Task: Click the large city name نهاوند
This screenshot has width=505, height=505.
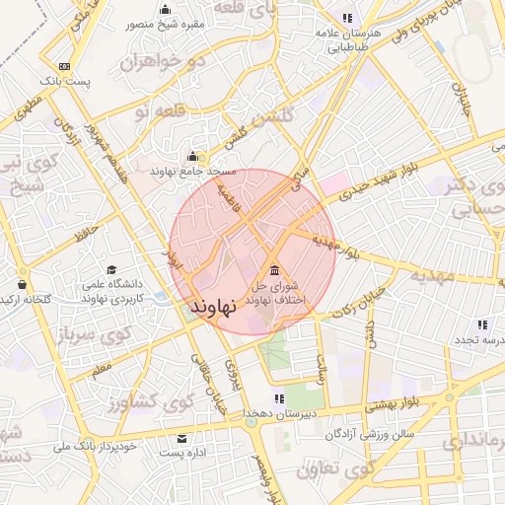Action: tap(213, 307)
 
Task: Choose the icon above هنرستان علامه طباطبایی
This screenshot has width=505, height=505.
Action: tap(346, 18)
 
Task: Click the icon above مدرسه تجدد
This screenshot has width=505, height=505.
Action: tap(482, 324)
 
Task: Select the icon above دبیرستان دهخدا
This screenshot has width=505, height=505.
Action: tap(279, 398)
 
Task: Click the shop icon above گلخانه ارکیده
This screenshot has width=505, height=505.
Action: tap(21, 280)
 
